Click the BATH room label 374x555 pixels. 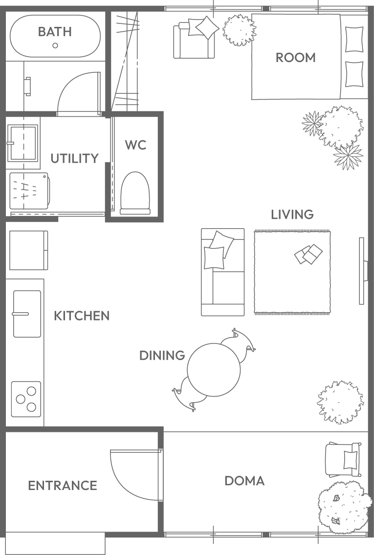pyautogui.click(x=55, y=31)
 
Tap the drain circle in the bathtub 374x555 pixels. pyautogui.click(x=55, y=45)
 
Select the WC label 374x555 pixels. pyautogui.click(x=135, y=145)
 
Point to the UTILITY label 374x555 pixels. pyautogui.click(x=74, y=158)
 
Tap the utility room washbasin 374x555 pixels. pyautogui.click(x=22, y=143)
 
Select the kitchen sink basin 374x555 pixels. pyautogui.click(x=27, y=314)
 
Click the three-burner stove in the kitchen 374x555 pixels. pyautogui.click(x=26, y=399)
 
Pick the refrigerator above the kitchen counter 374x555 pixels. pyautogui.click(x=28, y=250)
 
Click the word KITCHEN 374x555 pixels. pyautogui.click(x=82, y=316)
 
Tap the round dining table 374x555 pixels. pyautogui.click(x=214, y=369)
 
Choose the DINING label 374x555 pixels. pyautogui.click(x=162, y=355)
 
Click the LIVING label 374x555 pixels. pyautogui.click(x=292, y=214)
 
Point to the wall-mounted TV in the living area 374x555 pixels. pyautogui.click(x=362, y=271)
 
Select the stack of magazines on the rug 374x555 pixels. pyautogui.click(x=308, y=254)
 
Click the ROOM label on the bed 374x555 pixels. pyautogui.click(x=295, y=58)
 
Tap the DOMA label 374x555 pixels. pyautogui.click(x=244, y=481)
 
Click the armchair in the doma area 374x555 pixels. pyautogui.click(x=344, y=459)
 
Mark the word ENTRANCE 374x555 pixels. pyautogui.click(x=63, y=486)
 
